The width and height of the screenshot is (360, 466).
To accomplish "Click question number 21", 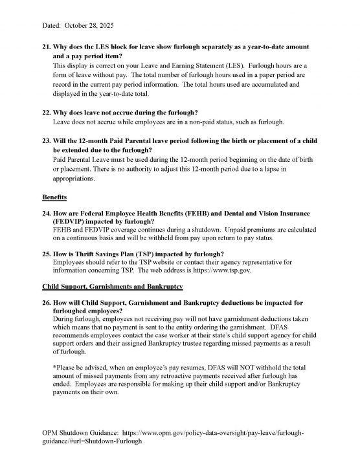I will click(46, 49).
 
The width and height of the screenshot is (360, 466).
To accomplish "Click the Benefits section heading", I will click(56, 195).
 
